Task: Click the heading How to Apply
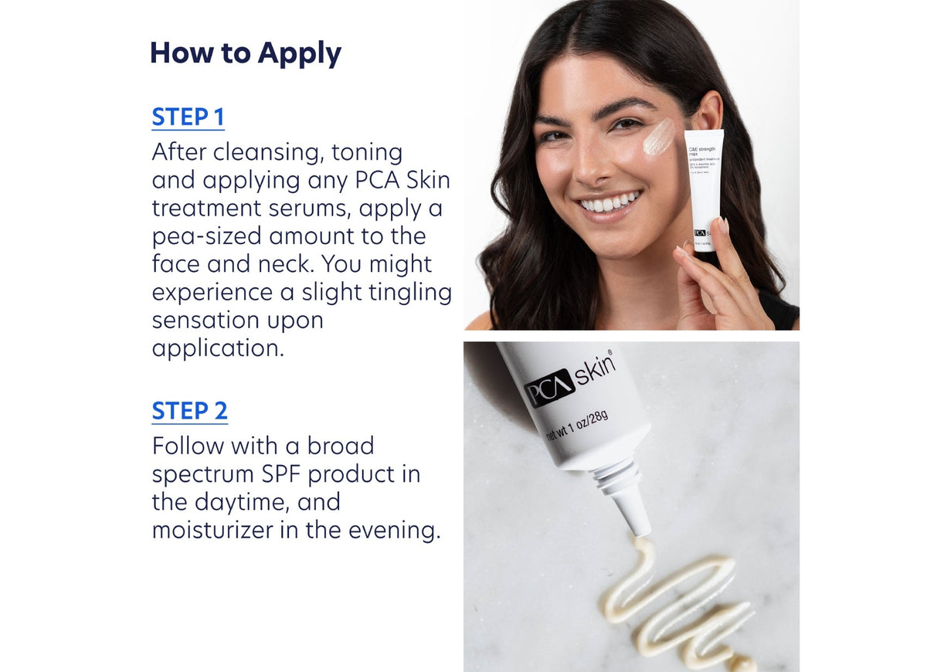coord(245,53)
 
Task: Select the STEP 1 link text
coord(188,117)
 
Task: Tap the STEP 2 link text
coord(189,411)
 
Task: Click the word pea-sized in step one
coord(201,236)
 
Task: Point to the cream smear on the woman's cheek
coord(658,137)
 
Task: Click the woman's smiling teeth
coord(610,203)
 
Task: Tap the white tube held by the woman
coord(704,189)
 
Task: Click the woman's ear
coord(707,112)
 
